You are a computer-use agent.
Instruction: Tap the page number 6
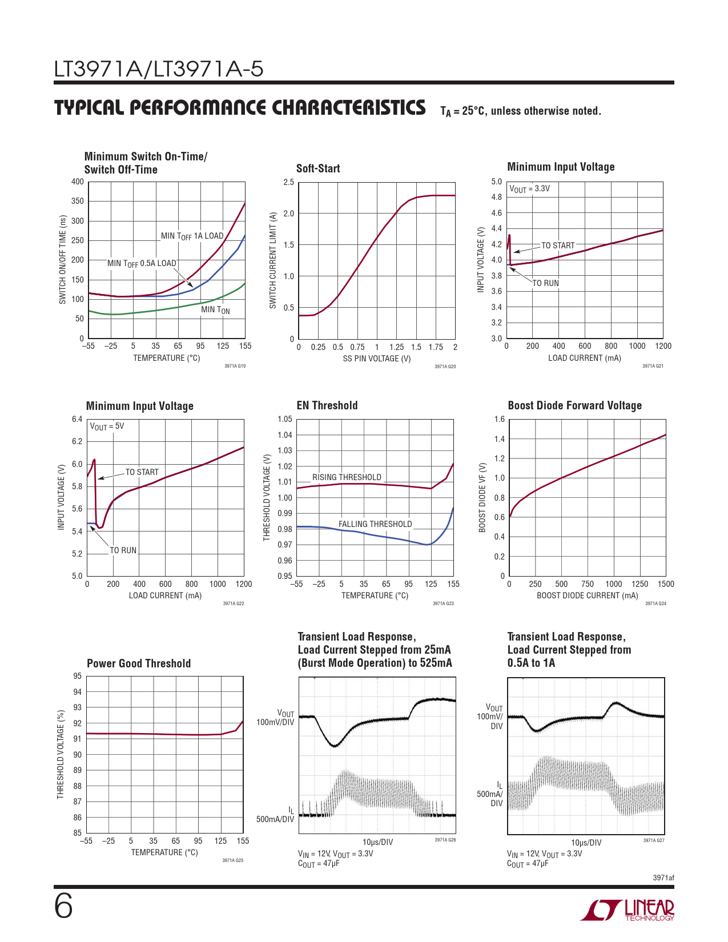pos(63,907)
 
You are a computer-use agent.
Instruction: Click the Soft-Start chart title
pos(318,168)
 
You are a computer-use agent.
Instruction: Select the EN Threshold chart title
pos(327,405)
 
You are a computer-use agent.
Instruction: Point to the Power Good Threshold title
pos(139,663)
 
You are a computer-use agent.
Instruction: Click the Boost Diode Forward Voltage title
pos(574,405)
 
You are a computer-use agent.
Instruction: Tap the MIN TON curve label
pos(215,310)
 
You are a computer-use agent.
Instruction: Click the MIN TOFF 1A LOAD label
pos(192,236)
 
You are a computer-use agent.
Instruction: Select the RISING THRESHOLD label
pos(347,477)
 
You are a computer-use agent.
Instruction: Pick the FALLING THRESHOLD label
pos(375,524)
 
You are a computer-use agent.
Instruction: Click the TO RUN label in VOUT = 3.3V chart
pos(546,283)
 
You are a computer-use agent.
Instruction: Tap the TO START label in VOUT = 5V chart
pos(142,472)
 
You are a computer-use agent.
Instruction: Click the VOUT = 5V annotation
pos(107,426)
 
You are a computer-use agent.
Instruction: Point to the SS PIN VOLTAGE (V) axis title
pos(377,359)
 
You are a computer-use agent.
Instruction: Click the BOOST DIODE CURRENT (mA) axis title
pos(588,595)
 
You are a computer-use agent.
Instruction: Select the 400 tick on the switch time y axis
pos(78,182)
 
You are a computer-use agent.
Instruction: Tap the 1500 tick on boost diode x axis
pos(666,584)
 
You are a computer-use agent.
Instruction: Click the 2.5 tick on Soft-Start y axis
pos(288,183)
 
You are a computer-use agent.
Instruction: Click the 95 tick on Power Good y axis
pos(77,677)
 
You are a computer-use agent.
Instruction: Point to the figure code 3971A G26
pos(445,840)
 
